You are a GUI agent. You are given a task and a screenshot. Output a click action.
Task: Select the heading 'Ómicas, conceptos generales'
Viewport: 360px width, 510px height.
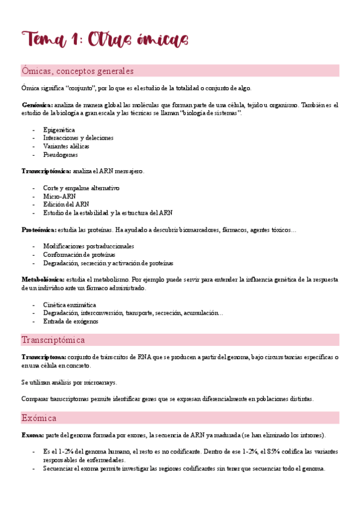tap(78, 72)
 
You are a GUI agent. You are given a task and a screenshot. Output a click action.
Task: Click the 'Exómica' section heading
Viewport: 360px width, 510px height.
tap(39, 417)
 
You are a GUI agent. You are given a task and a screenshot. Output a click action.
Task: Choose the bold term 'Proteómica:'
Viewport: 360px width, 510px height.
tap(39, 230)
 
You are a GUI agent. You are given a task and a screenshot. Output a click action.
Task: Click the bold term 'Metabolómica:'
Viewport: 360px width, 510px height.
tap(43, 280)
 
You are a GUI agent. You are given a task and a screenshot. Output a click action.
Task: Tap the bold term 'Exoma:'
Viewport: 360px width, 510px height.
tap(32, 435)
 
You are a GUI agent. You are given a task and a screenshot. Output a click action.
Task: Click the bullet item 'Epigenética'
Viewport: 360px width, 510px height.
tap(59, 129)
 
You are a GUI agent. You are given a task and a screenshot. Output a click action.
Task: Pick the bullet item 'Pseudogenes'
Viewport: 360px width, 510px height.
tap(60, 155)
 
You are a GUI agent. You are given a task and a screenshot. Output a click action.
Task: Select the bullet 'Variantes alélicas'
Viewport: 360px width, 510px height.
tap(66, 146)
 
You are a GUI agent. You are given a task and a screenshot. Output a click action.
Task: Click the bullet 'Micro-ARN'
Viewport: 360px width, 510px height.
tap(58, 196)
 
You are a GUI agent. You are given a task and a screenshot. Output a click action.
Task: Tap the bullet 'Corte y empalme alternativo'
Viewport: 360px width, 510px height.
tap(81, 188)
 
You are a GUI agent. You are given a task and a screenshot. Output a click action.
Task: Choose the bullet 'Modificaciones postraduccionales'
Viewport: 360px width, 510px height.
tap(88, 246)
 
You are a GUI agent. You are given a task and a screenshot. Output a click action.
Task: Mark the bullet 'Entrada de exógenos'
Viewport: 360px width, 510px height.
tap(70, 321)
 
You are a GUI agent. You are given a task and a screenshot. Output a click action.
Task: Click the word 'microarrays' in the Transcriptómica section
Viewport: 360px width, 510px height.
tap(100, 382)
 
